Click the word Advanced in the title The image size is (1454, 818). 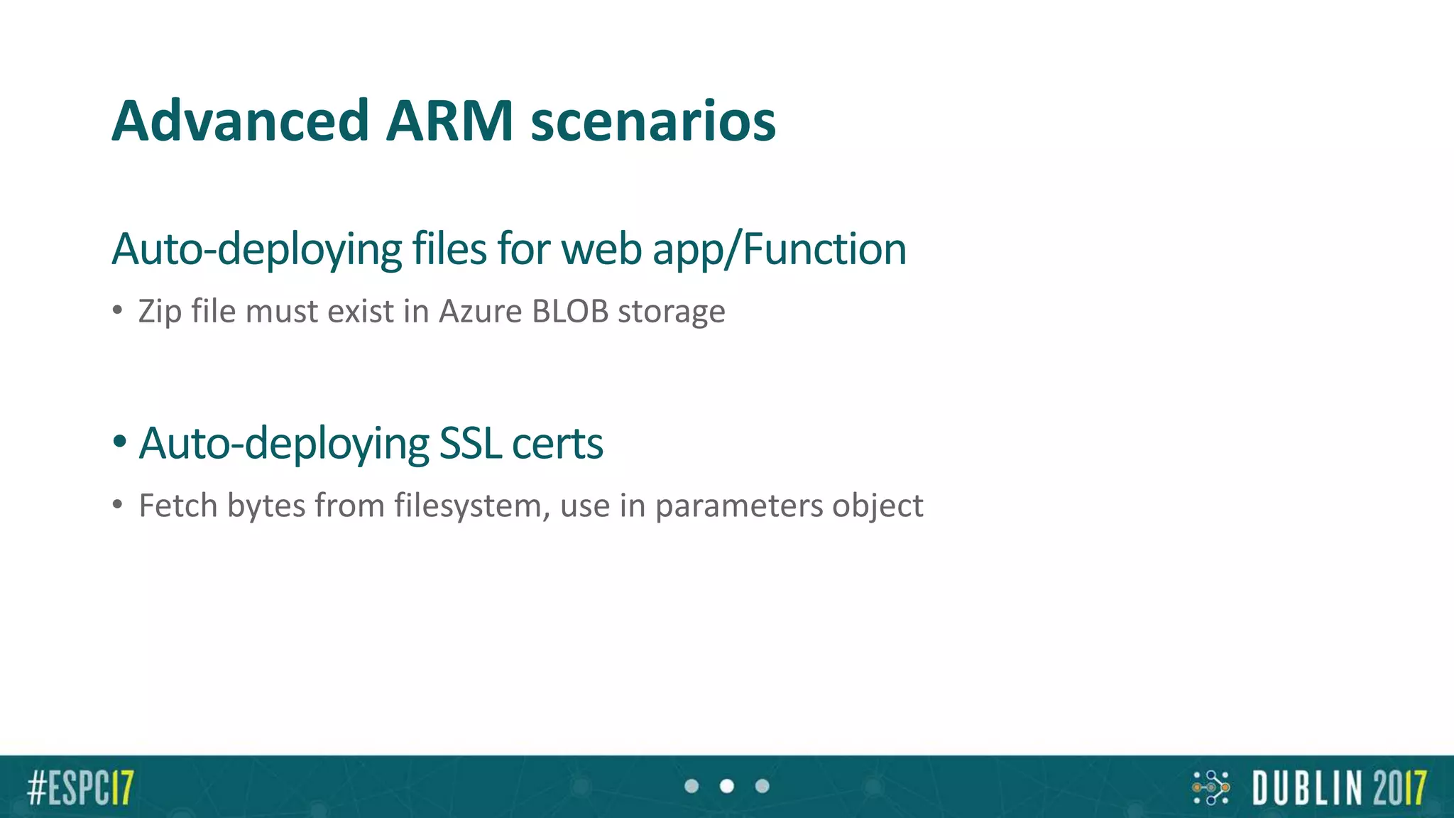[240, 121]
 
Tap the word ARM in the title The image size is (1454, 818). [449, 121]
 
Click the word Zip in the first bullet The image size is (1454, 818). [160, 312]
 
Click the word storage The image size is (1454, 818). [671, 312]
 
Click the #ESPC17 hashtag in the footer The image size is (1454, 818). [80, 787]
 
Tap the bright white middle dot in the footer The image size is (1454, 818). [727, 786]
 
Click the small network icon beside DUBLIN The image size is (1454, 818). [1210, 787]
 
